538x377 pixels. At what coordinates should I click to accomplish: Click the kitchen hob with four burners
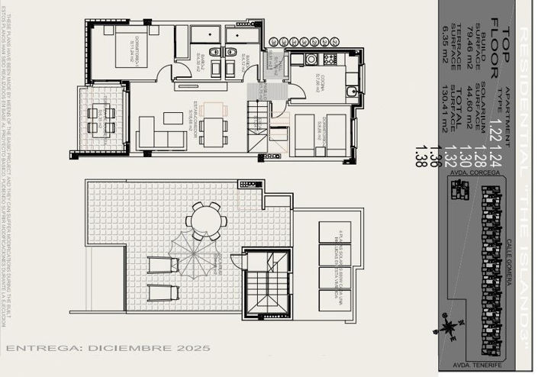311,59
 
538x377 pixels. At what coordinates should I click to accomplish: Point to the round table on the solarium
206,222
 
